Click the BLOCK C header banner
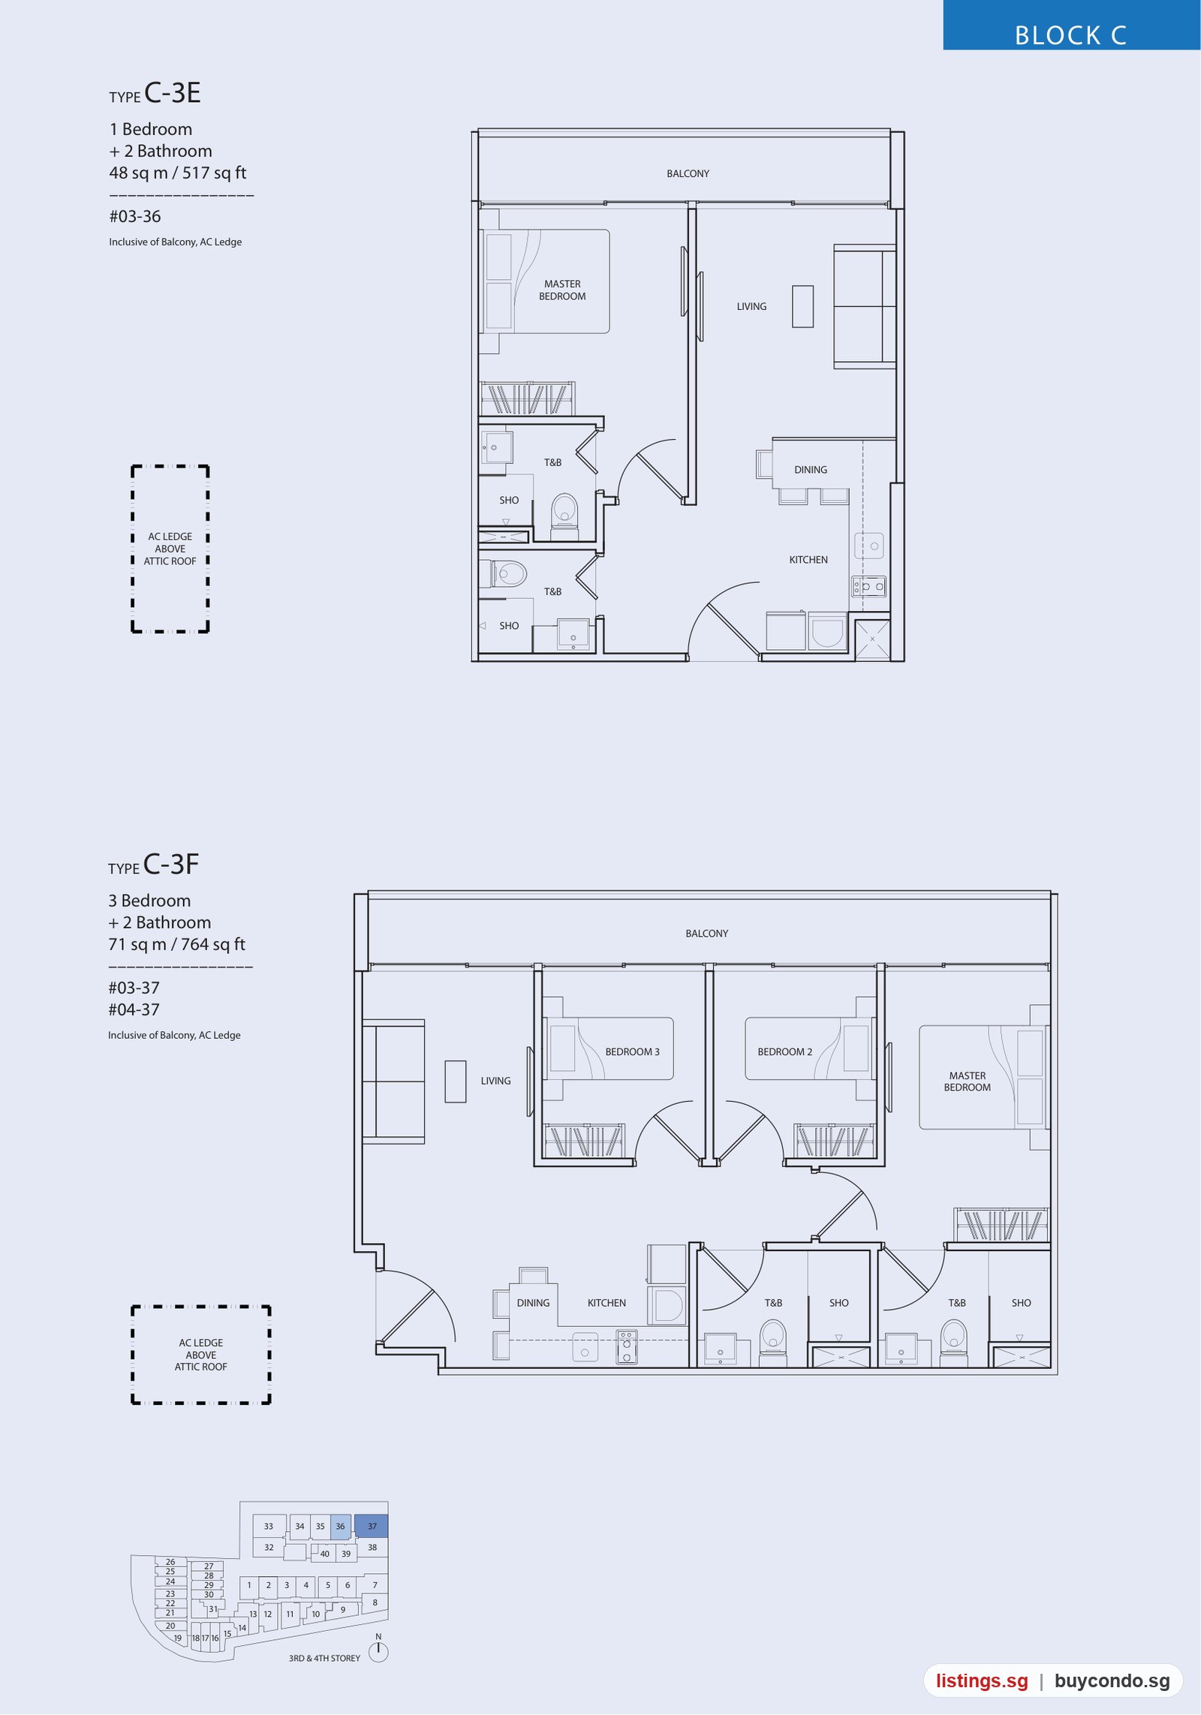click(1071, 26)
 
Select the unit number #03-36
click(135, 217)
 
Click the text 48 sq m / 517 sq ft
click(178, 173)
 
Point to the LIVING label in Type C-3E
click(751, 306)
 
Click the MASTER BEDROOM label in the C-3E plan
click(562, 290)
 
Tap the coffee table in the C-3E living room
click(802, 306)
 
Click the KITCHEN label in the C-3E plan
click(808, 560)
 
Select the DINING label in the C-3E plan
click(811, 470)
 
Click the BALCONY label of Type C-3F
click(706, 934)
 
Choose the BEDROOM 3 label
click(632, 1052)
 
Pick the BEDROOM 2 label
click(784, 1052)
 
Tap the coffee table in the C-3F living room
click(456, 1082)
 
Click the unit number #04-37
click(134, 1010)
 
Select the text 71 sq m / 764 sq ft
click(176, 945)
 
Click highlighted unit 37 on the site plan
click(372, 1526)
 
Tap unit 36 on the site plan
click(340, 1526)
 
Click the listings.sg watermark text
click(982, 1681)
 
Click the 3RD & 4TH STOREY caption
click(324, 1658)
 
